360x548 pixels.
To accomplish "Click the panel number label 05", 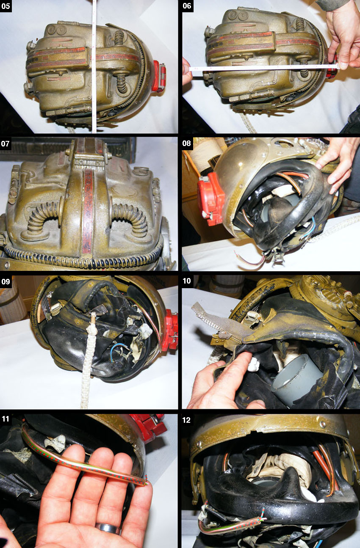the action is pyautogui.click(x=6, y=6).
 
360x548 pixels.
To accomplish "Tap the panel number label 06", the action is pyautogui.click(x=187, y=6).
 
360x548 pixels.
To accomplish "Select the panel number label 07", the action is pyautogui.click(x=6, y=143).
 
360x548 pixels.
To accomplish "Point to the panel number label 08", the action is pyautogui.click(x=187, y=143).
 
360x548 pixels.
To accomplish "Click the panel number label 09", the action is pyautogui.click(x=6, y=281).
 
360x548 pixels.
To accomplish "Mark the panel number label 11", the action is pyautogui.click(x=6, y=419).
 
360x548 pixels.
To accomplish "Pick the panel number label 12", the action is pyautogui.click(x=187, y=420).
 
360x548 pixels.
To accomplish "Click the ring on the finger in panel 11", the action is pyautogui.click(x=108, y=529).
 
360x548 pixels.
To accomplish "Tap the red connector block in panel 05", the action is pyautogui.click(x=159, y=76).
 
